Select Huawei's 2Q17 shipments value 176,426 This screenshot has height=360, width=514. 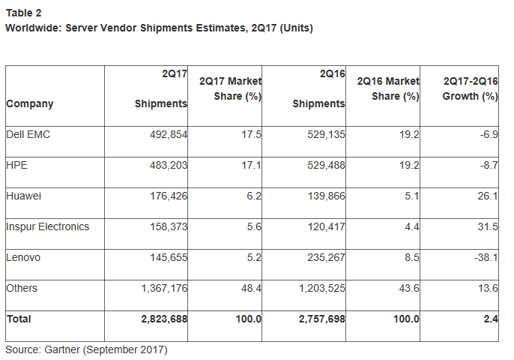[164, 196]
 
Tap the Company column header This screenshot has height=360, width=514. [30, 104]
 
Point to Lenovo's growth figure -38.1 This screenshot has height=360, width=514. [484, 257]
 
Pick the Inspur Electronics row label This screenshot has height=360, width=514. [47, 226]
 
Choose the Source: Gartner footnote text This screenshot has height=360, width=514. [86, 349]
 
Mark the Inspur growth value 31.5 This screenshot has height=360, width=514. [488, 226]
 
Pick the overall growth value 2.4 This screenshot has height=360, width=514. [491, 319]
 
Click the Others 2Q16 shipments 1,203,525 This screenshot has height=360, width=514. [315, 288]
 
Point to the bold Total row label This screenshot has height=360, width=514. [19, 319]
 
